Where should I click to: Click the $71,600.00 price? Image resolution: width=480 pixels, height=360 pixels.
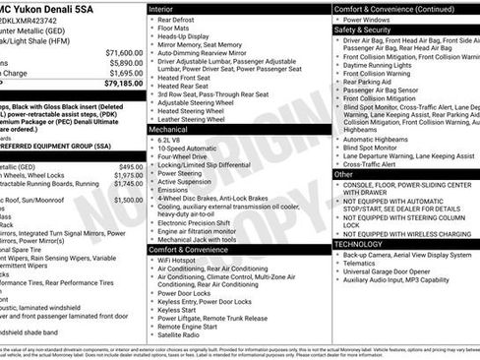(124, 52)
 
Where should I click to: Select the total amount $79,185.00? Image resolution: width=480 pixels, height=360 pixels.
(124, 84)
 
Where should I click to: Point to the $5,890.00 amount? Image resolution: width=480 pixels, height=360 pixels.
(126, 62)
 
